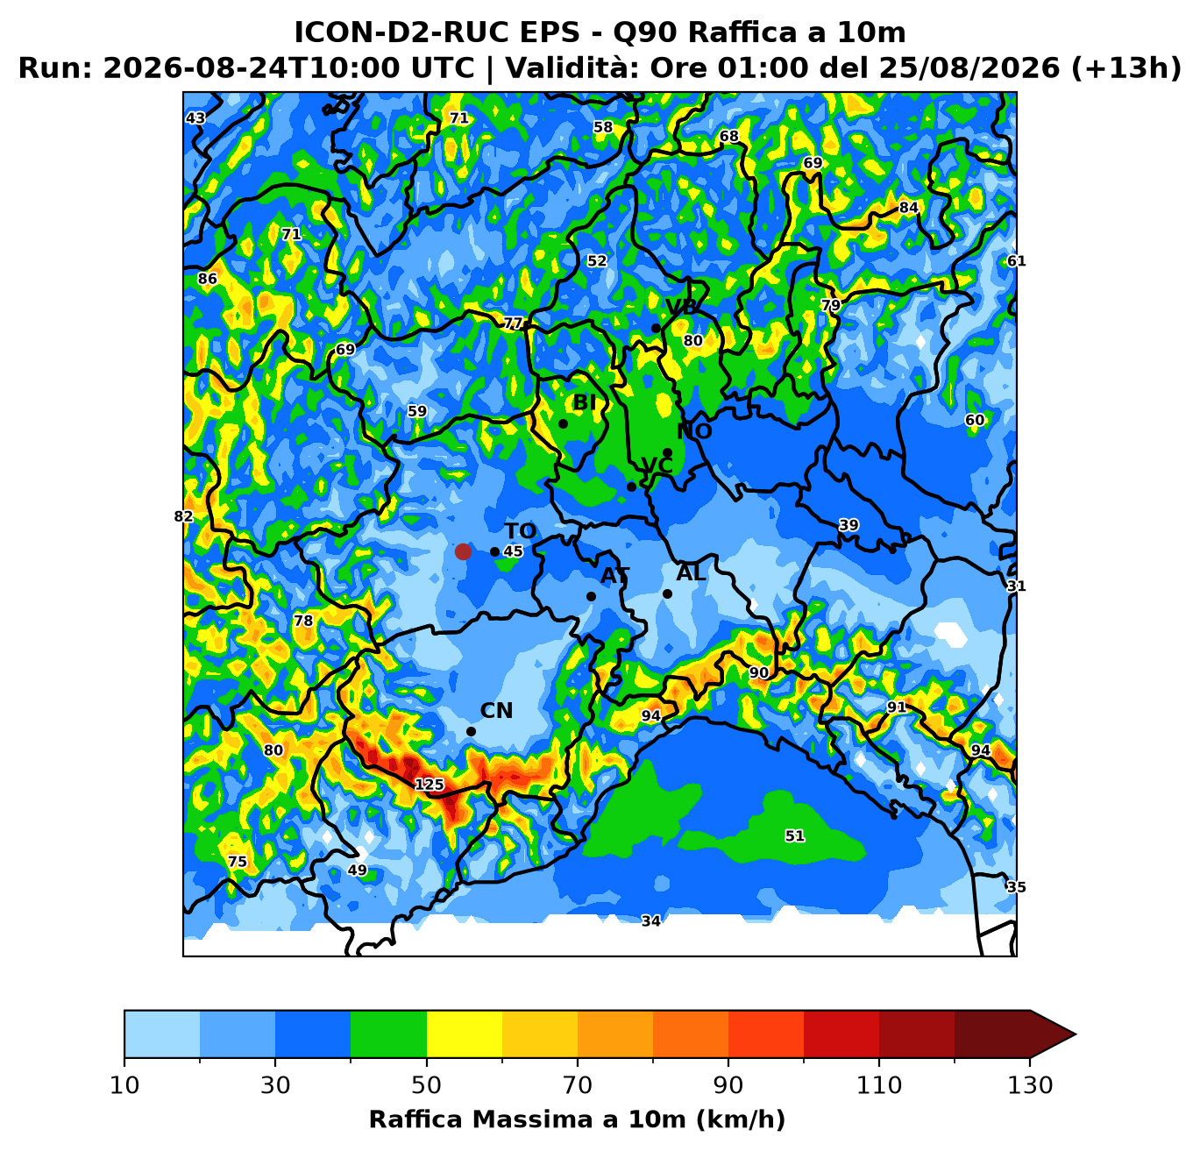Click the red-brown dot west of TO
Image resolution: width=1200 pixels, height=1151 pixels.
pos(463,551)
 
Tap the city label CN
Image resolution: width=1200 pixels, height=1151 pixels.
pos(496,711)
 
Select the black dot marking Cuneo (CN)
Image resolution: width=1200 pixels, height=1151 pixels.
pos(471,732)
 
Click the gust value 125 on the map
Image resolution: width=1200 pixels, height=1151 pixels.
pos(430,785)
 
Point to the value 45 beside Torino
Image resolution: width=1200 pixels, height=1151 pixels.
pos(513,551)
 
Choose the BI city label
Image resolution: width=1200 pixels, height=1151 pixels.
pos(584,402)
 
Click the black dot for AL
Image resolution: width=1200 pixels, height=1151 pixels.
pos(667,594)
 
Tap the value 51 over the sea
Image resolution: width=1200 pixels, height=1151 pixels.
pos(795,835)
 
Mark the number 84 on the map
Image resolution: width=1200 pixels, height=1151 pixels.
pos(908,208)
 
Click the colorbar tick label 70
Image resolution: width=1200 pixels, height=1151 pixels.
pos(577,1085)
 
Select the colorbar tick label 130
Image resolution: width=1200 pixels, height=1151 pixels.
pos(1030,1085)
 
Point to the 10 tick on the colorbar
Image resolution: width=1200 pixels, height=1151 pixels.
pos(124,1085)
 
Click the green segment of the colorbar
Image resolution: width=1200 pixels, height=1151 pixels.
pos(388,1034)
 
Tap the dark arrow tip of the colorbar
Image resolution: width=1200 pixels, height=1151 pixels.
pos(1076,1034)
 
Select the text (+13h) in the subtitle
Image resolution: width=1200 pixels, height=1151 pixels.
pos(1126,67)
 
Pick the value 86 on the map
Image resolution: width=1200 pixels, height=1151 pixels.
pos(208,279)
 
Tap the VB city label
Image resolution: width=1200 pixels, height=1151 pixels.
pos(681,307)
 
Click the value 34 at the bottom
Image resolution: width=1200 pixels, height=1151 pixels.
pos(651,921)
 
